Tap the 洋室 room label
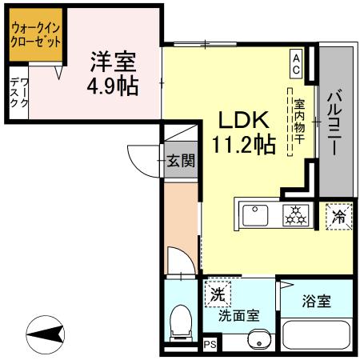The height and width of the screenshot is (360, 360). [112, 60]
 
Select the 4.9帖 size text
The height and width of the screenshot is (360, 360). [113, 85]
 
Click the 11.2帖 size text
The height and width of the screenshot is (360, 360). [244, 145]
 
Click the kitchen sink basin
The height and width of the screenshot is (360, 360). [256, 215]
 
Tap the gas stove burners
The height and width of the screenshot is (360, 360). [294, 214]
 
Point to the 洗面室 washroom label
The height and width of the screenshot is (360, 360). [239, 315]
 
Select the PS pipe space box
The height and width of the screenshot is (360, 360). [210, 345]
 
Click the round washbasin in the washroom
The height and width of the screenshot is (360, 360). [257, 344]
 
